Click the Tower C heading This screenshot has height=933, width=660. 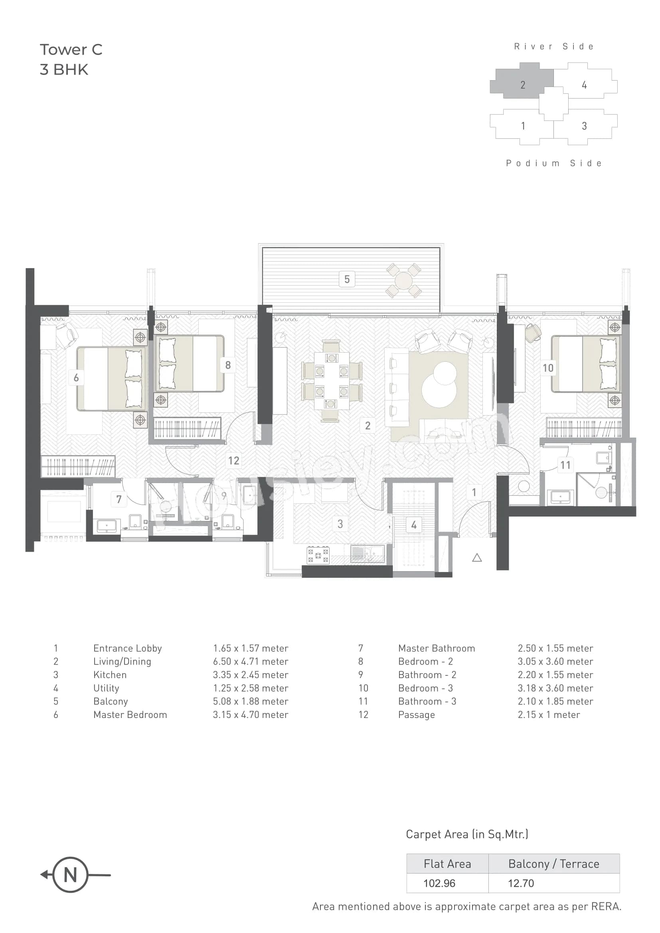click(x=71, y=49)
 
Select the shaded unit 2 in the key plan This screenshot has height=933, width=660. click(x=523, y=84)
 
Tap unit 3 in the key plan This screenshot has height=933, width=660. click(x=584, y=126)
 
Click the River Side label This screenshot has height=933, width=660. click(x=554, y=47)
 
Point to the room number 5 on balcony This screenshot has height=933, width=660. click(x=347, y=279)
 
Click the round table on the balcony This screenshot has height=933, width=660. click(x=403, y=280)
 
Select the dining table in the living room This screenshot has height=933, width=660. click(x=332, y=381)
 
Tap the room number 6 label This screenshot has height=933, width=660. click(x=76, y=377)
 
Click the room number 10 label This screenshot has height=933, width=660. click(x=548, y=368)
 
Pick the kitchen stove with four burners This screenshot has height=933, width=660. click(x=318, y=555)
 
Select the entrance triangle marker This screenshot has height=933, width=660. click(x=477, y=558)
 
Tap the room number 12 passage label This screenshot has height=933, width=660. click(x=234, y=460)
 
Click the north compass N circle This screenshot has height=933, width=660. click(x=70, y=875)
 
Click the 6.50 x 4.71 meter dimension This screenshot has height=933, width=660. click(x=250, y=661)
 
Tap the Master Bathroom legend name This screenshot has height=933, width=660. click(x=436, y=648)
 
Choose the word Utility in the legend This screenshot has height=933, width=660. click(x=106, y=688)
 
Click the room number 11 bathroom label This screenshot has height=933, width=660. click(x=565, y=465)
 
